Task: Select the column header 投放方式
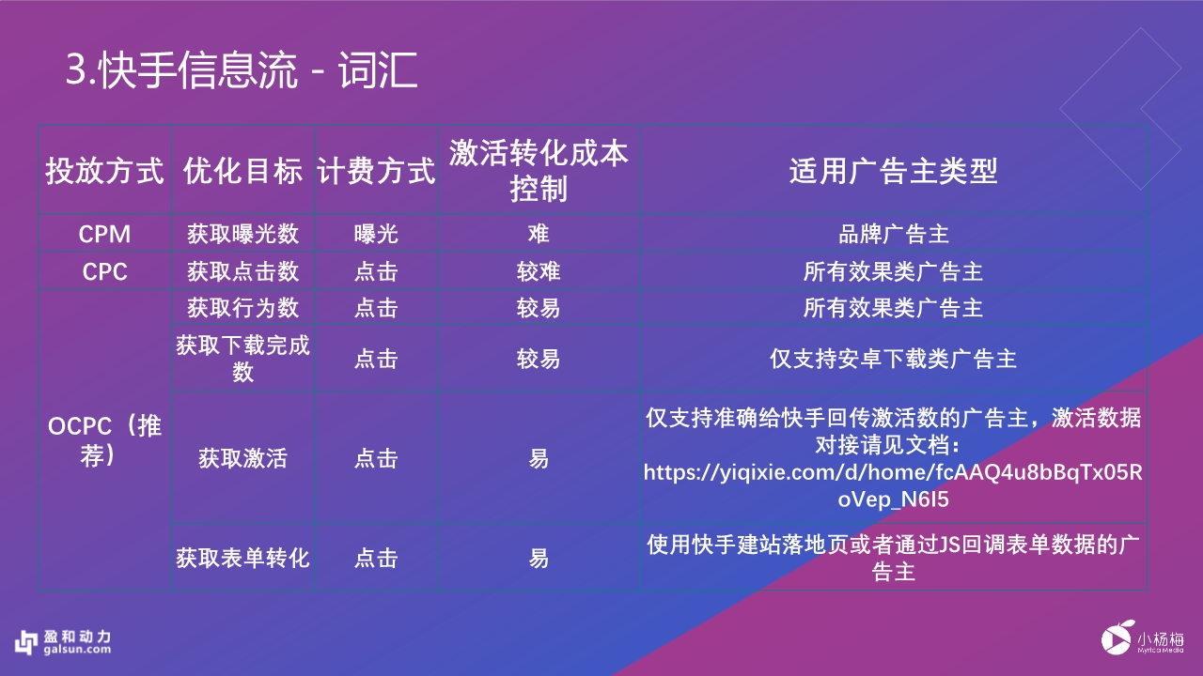104,171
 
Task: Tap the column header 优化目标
242,171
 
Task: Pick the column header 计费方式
376,171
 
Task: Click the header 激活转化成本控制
539,170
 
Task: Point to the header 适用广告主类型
893,171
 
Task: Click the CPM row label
104,235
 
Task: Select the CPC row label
104,271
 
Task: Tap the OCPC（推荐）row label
104,440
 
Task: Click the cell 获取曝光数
242,235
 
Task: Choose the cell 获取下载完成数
242,359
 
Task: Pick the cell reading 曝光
376,235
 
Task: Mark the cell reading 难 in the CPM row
539,235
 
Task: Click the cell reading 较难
539,271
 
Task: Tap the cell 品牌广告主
893,235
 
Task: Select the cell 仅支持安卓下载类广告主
893,359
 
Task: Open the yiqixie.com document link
893,485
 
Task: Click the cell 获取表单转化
242,558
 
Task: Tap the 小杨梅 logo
1142,640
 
